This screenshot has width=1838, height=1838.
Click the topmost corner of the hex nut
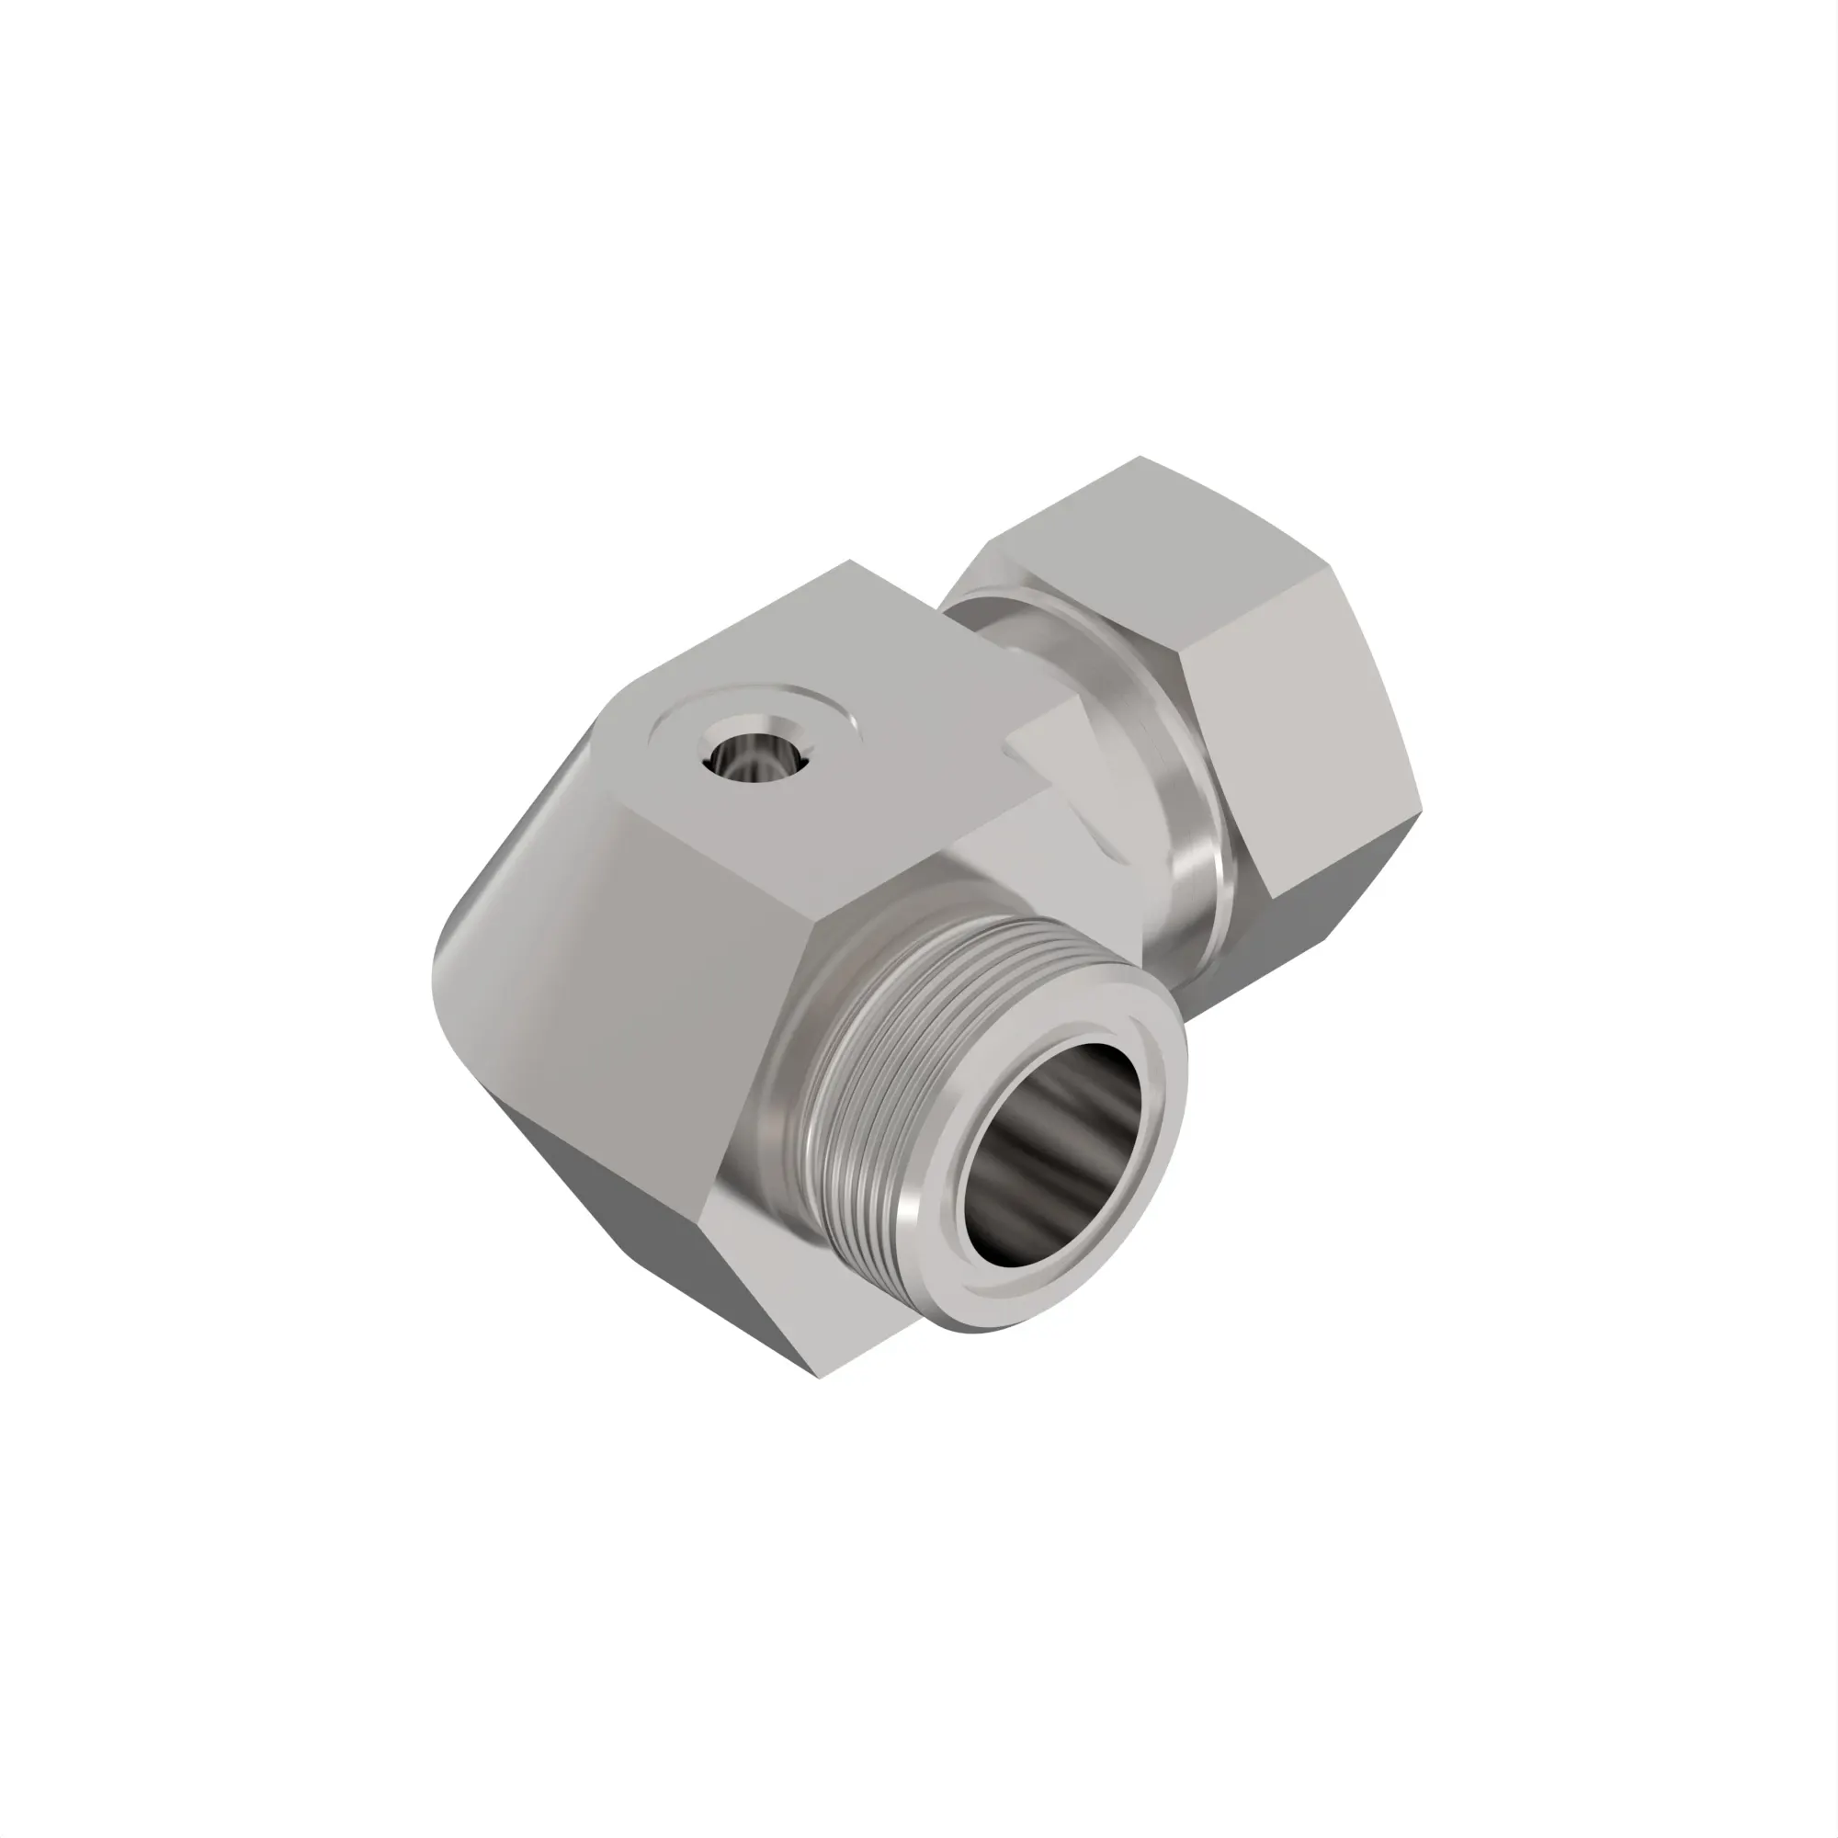click(1141, 458)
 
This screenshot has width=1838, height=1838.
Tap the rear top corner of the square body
click(849, 561)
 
